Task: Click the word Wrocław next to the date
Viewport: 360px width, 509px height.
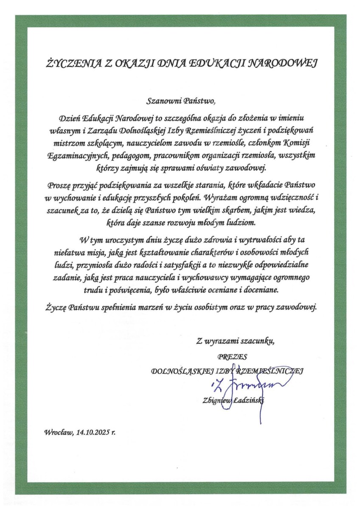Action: point(58,433)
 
